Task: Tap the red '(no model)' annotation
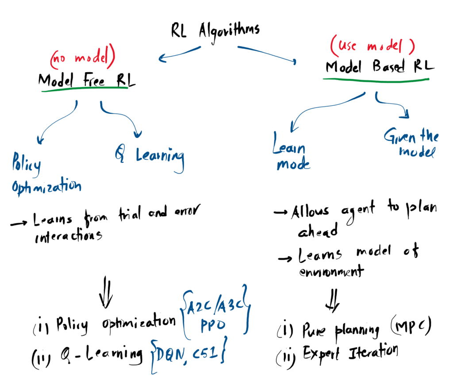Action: click(83, 59)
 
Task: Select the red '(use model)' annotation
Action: click(372, 46)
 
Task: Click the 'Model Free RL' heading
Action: click(87, 80)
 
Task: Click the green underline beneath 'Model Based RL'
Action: click(376, 80)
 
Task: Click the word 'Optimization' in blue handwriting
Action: click(46, 185)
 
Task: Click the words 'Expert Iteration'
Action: click(350, 352)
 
